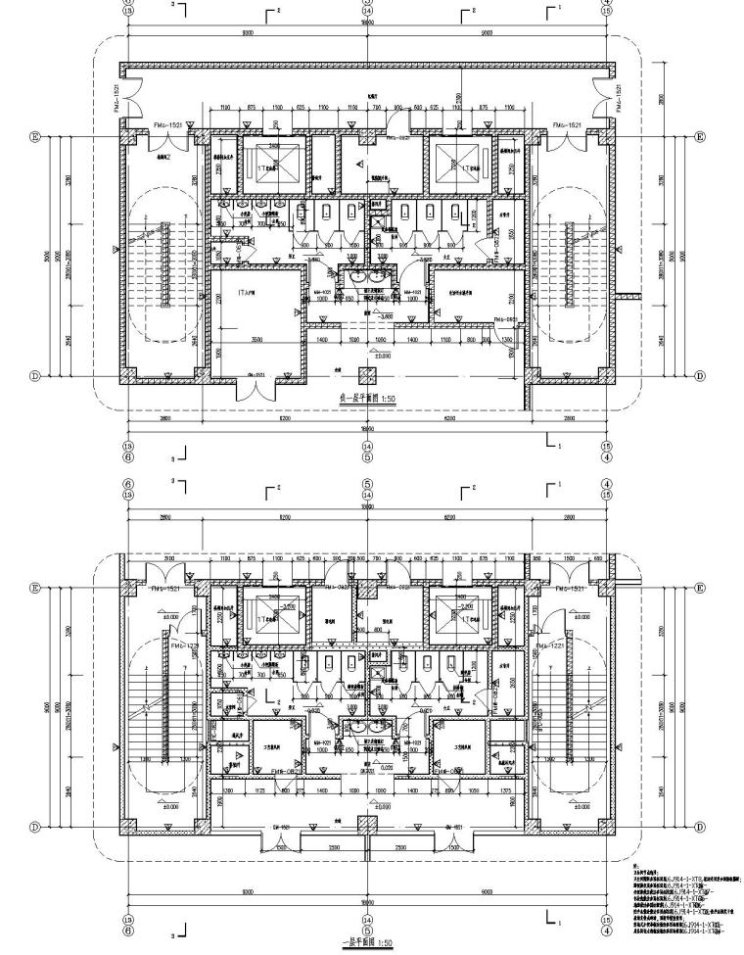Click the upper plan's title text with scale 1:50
pos(367,401)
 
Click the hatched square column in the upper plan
pos(367,374)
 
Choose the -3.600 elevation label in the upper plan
pos(367,317)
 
